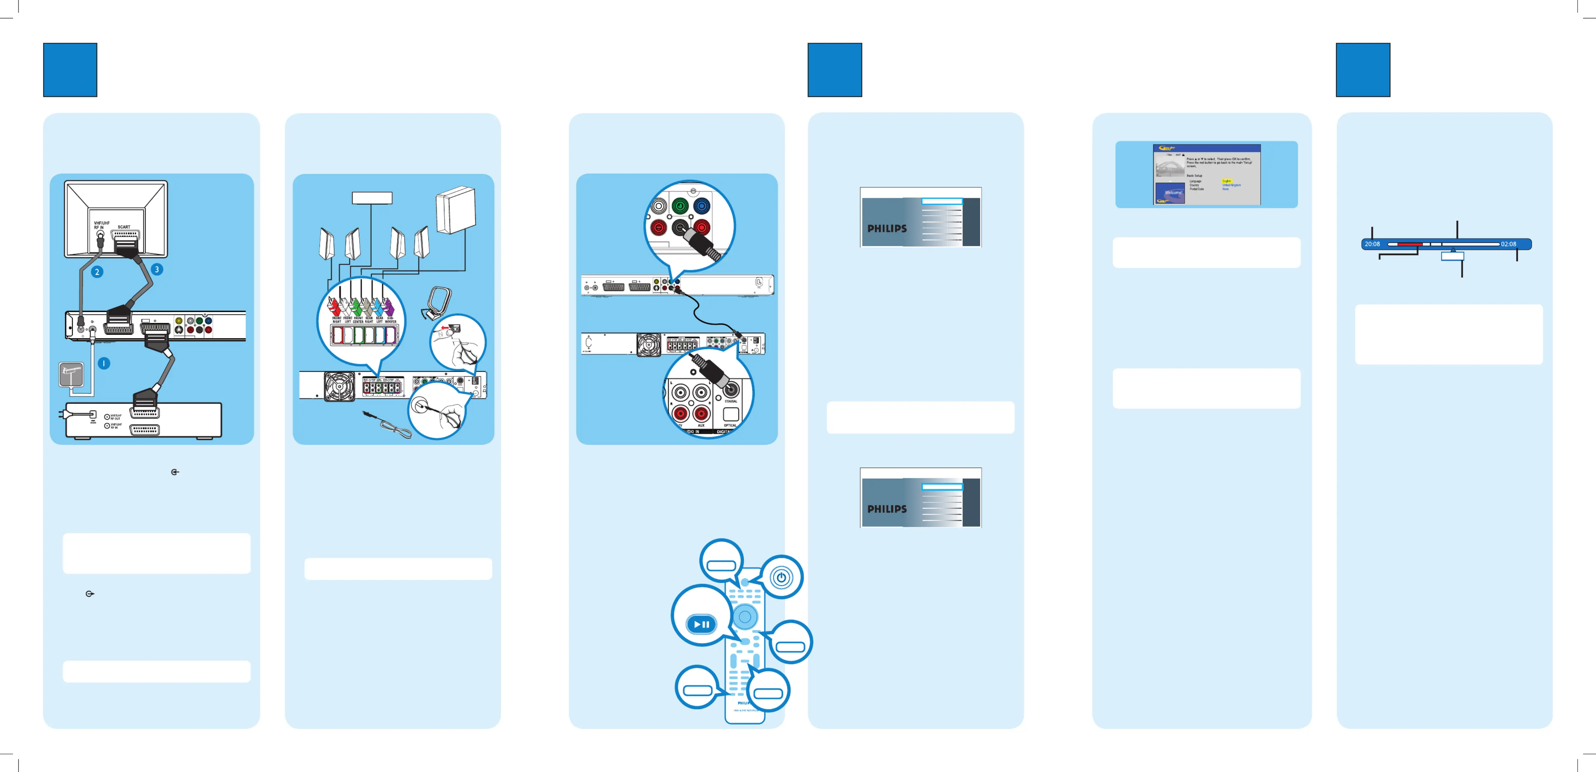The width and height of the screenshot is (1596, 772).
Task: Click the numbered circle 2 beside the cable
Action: point(97,272)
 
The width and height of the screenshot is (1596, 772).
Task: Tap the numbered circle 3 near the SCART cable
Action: point(157,269)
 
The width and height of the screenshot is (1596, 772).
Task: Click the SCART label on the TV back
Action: point(124,227)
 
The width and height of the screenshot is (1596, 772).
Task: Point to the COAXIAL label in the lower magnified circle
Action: point(731,401)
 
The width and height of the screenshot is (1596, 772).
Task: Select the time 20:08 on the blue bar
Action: point(1372,244)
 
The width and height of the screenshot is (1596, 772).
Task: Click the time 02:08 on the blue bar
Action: point(1509,244)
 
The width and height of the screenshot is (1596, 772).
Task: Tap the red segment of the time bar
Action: point(1409,244)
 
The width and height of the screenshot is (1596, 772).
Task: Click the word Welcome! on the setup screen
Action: point(1173,193)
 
